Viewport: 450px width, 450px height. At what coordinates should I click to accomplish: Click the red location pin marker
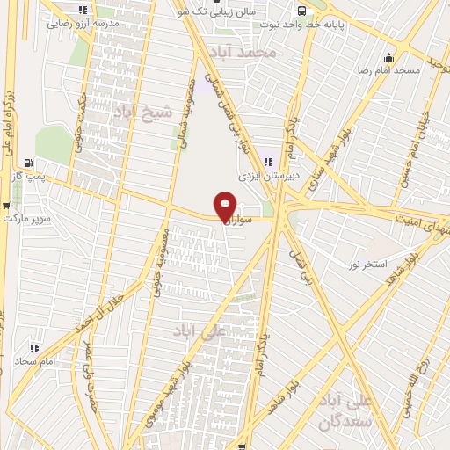(225, 207)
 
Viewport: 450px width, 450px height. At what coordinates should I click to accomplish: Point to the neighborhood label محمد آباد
(250, 54)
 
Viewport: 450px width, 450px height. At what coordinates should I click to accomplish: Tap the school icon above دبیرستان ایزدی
(268, 161)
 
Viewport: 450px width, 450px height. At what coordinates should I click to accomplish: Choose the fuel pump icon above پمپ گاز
(30, 163)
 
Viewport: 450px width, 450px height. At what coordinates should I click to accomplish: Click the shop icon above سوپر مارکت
(7, 205)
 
